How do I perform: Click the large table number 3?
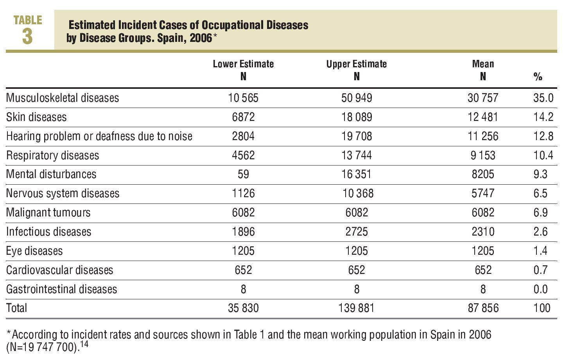click(x=27, y=37)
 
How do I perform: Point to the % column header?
click(x=538, y=77)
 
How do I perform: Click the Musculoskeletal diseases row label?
click(x=63, y=98)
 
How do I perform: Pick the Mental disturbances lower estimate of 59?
click(x=243, y=174)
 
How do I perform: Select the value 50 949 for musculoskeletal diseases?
click(x=357, y=98)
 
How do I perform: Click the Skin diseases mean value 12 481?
click(x=483, y=117)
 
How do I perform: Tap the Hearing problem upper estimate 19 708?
click(x=357, y=136)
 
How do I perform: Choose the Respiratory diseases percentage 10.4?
click(x=543, y=155)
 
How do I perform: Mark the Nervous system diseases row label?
click(x=63, y=193)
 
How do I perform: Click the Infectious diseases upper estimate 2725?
click(x=357, y=232)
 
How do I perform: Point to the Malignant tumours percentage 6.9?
click(x=540, y=212)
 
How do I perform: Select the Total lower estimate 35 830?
click(x=243, y=308)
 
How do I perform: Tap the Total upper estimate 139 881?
click(x=357, y=308)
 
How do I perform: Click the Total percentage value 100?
click(x=542, y=308)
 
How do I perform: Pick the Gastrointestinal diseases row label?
click(x=61, y=289)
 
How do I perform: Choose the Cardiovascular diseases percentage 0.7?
click(x=540, y=270)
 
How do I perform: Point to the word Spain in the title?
click(x=170, y=38)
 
